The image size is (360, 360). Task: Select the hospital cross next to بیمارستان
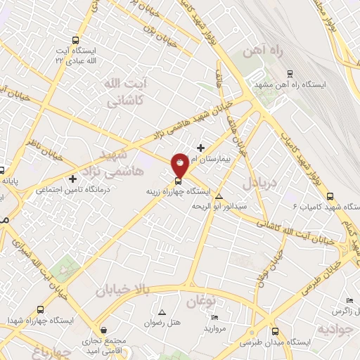[201, 148]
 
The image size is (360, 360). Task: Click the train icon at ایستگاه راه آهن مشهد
[289, 72]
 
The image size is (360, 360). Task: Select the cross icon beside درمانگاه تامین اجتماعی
[73, 179]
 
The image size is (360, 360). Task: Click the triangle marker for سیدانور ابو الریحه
[219, 196]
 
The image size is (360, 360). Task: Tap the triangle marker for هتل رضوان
[163, 311]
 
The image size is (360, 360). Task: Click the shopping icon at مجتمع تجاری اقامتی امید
[104, 329]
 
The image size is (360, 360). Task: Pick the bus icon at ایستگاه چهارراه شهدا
[41, 309]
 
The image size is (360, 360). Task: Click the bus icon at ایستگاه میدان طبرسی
[274, 331]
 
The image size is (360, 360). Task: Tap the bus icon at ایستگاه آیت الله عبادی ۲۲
[76, 41]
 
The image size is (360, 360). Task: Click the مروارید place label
[214, 328]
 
